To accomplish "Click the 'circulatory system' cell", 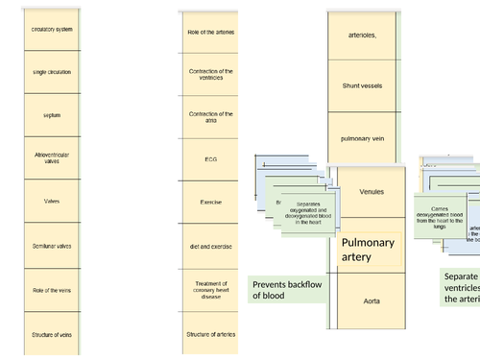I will pyautogui.click(x=51, y=30).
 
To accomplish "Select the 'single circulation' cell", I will pyautogui.click(x=51, y=72).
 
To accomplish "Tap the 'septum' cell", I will pyautogui.click(x=51, y=115).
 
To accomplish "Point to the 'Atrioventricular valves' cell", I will pyautogui.click(x=51, y=158).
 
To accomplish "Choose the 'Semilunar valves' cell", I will pyautogui.click(x=51, y=246).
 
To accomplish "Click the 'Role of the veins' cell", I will pyautogui.click(x=51, y=289).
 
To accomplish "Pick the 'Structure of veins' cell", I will pyautogui.click(x=51, y=332).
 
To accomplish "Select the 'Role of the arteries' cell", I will pyautogui.click(x=209, y=32).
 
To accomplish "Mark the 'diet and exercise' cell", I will pyautogui.click(x=209, y=246).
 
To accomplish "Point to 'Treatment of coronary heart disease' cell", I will pyautogui.click(x=209, y=289).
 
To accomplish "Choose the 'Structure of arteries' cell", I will pyautogui.click(x=209, y=333).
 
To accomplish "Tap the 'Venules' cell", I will pyautogui.click(x=370, y=191).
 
